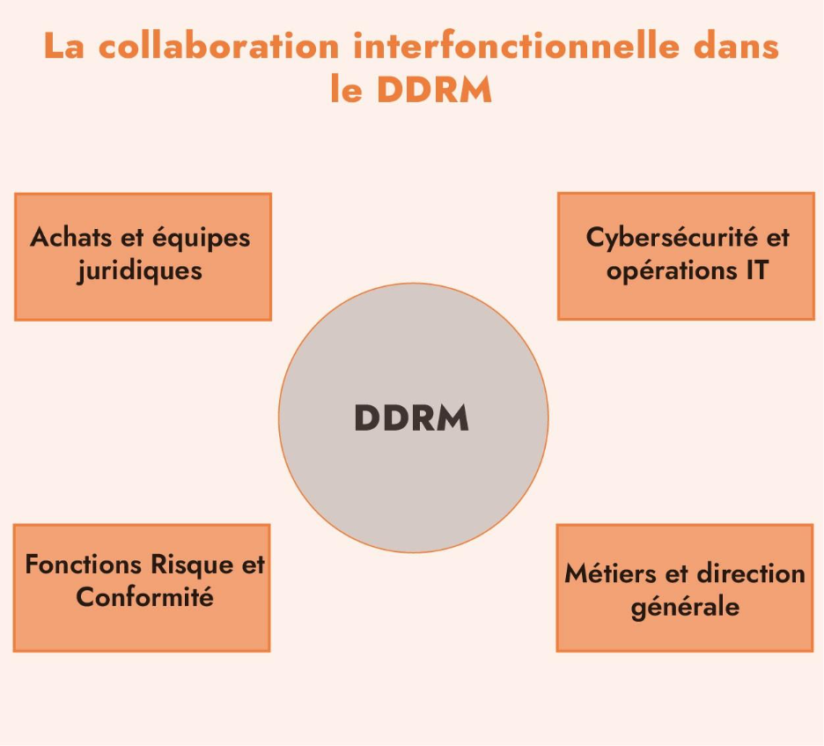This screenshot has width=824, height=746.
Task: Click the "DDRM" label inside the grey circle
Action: click(412, 418)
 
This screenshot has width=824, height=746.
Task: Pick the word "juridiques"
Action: click(140, 270)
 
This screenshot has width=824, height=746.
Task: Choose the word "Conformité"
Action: click(144, 597)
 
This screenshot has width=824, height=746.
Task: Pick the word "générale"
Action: click(685, 607)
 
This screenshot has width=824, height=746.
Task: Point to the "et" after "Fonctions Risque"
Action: click(253, 564)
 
